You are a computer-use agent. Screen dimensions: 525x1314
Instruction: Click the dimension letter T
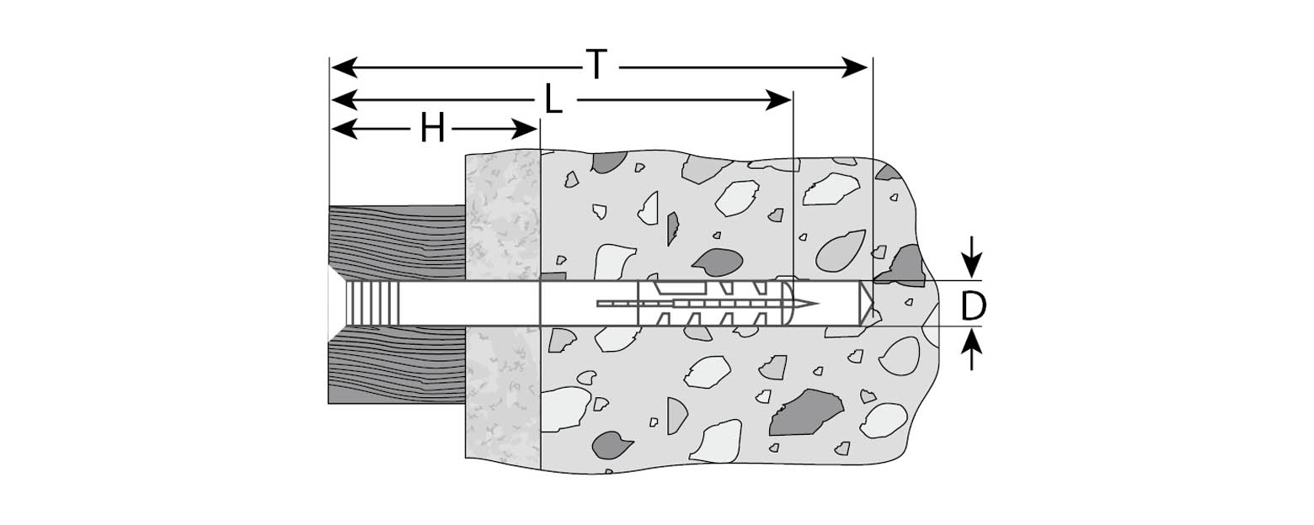click(596, 66)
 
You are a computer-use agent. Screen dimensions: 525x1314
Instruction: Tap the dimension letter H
click(432, 130)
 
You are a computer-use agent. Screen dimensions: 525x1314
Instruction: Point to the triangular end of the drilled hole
click(866, 303)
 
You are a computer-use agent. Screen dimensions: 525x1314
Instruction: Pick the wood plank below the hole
click(396, 366)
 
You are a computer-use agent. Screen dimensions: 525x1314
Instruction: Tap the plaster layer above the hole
click(502, 215)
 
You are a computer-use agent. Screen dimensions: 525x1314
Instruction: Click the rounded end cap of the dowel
click(790, 303)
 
